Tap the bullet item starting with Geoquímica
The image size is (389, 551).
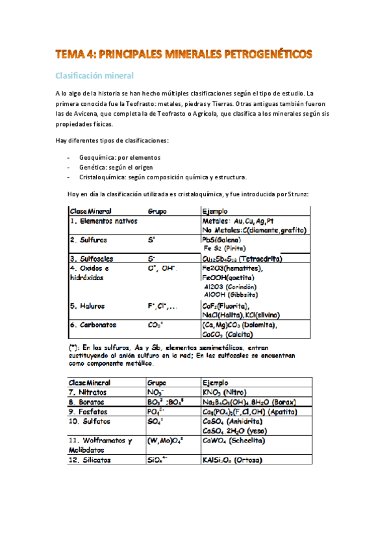pyautogui.click(x=119, y=157)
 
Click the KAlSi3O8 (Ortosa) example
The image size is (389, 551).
pyautogui.click(x=232, y=460)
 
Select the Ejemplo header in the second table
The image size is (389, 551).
pyautogui.click(x=216, y=383)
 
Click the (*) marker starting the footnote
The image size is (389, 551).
pyautogui.click(x=75, y=347)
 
